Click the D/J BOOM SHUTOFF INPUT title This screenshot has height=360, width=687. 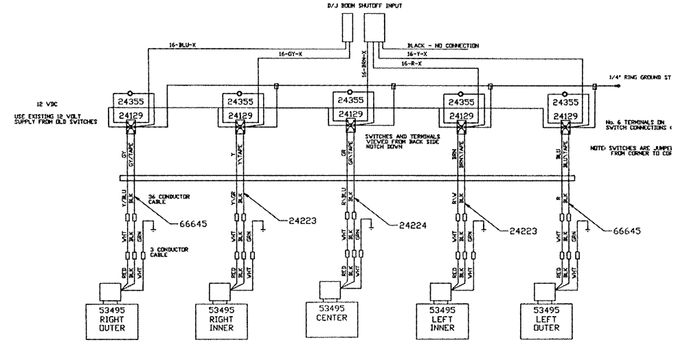364,6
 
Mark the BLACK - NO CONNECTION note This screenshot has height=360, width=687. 442,45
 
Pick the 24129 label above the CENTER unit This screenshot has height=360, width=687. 348,114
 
